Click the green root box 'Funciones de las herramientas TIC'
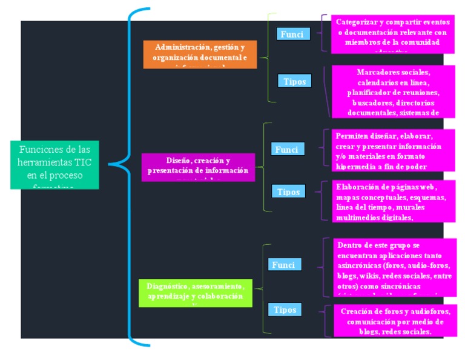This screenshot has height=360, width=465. (x=54, y=164)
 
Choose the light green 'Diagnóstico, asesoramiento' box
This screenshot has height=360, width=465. (x=194, y=292)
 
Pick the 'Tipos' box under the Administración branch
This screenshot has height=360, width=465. (x=295, y=81)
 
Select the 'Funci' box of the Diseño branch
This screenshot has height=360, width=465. (x=287, y=149)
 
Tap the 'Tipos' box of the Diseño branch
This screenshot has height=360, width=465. (x=288, y=192)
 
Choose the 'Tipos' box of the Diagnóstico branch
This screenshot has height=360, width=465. (x=285, y=310)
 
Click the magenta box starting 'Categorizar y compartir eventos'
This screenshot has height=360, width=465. (x=392, y=34)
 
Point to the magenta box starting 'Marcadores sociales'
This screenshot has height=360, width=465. (x=393, y=91)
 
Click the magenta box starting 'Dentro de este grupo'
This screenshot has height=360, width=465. (x=394, y=267)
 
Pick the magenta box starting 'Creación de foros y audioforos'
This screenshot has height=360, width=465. (x=395, y=321)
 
